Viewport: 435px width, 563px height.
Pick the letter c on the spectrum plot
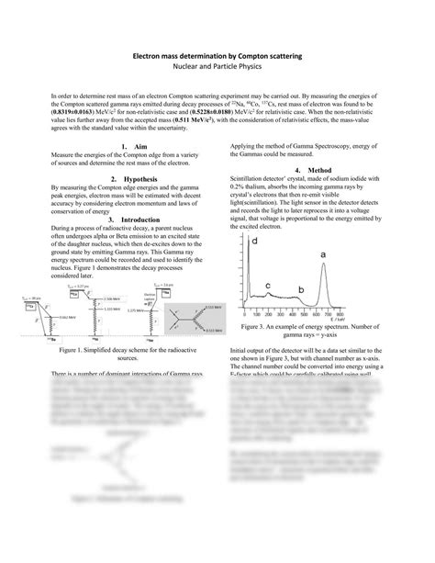click(267, 285)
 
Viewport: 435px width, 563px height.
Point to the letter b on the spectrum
click(302, 290)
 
